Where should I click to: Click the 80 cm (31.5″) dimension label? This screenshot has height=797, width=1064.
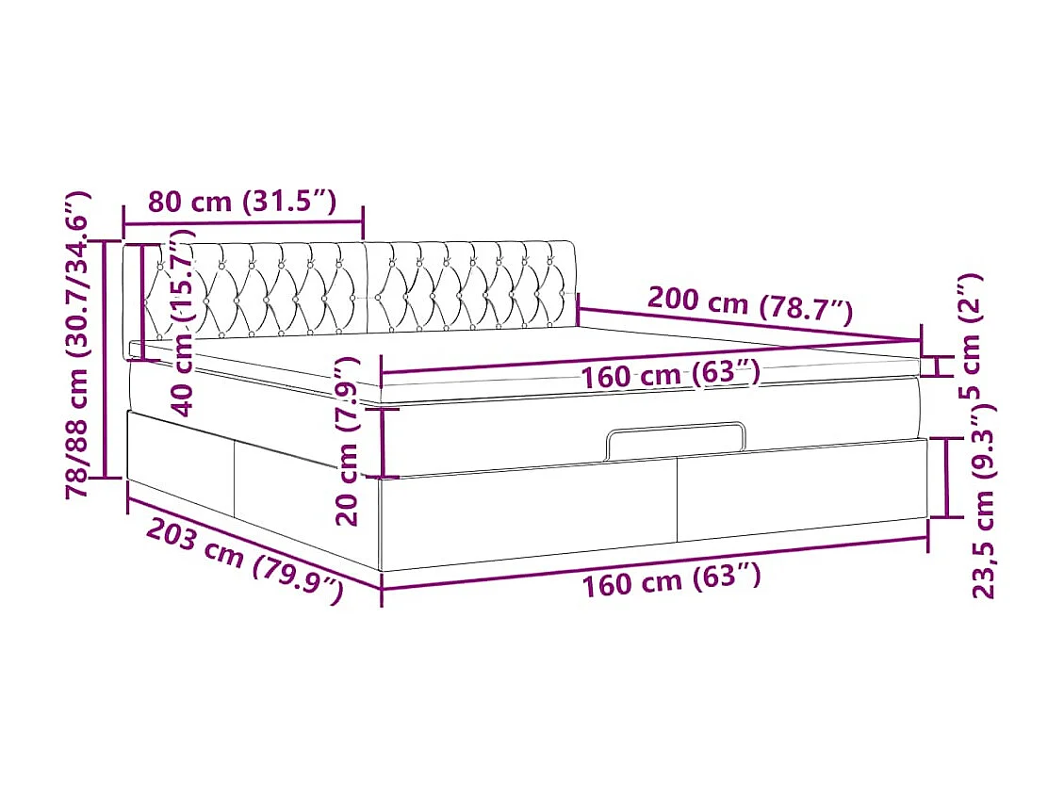(x=242, y=201)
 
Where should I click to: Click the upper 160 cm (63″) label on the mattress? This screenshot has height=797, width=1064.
(x=670, y=375)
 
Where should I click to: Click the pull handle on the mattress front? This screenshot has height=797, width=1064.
(x=676, y=440)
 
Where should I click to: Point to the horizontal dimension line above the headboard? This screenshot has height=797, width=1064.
(x=242, y=223)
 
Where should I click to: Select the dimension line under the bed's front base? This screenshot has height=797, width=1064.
(x=655, y=562)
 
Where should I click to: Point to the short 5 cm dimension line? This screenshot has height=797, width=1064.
(x=938, y=366)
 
